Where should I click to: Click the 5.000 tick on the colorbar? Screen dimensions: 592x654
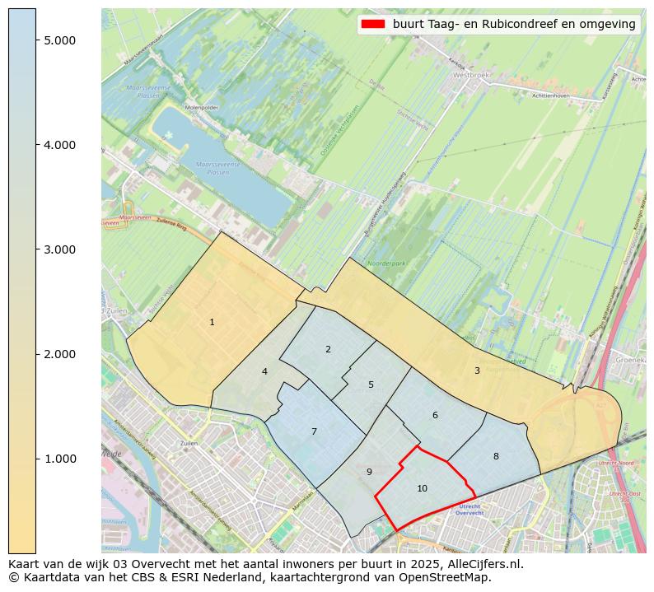coord(59,40)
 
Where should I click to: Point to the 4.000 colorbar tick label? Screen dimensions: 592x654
coord(59,145)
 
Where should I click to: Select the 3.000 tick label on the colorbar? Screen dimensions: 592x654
coord(59,249)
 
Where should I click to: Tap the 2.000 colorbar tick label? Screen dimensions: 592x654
coord(59,354)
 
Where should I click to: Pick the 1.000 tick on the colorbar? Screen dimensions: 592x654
coord(59,459)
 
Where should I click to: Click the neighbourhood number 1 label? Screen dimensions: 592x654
coord(212,322)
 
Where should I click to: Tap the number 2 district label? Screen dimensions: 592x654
coord(328,349)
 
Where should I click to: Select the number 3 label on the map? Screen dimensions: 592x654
coord(477,371)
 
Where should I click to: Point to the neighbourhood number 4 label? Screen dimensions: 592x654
coord(264,371)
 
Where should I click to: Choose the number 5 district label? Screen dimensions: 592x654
coord(371,385)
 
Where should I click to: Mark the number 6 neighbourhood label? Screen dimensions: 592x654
coord(435,415)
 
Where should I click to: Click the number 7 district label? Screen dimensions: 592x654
coord(314,431)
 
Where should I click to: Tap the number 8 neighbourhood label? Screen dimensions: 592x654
coord(496,456)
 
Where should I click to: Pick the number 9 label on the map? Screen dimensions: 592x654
coord(369,472)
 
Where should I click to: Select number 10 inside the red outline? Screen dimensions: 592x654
coord(422,488)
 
